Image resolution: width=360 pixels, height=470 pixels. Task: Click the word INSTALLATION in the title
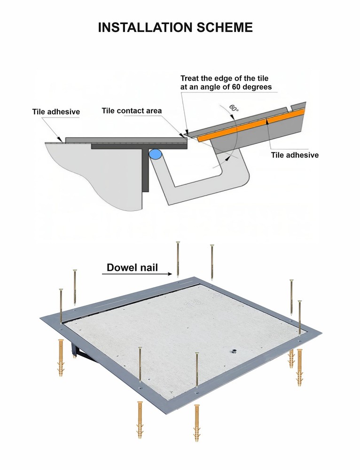point(144,27)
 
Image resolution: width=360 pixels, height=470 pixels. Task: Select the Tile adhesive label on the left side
point(56,112)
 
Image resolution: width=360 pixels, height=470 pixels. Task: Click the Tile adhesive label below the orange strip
point(295,155)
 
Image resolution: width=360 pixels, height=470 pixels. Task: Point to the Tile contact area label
point(132,111)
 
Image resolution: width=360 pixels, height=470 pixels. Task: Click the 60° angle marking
point(234,107)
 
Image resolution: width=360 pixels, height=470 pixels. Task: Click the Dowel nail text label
point(132,268)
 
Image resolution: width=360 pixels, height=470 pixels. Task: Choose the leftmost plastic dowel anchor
point(61,357)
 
